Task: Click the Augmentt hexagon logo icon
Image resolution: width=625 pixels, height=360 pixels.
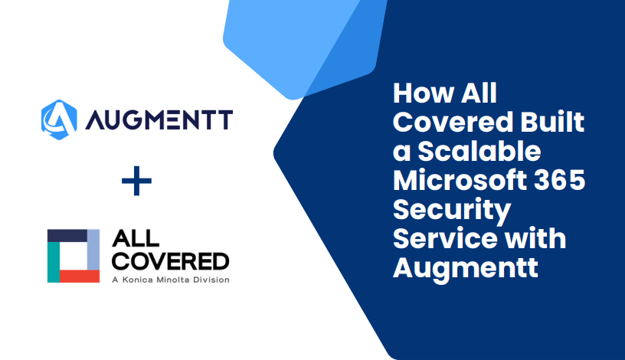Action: pos(59,119)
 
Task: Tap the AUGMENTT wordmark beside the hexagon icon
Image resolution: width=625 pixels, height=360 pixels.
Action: pos(159,120)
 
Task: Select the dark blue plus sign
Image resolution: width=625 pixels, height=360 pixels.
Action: pos(136,181)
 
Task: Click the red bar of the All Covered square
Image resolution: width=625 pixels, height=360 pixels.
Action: pos(80,276)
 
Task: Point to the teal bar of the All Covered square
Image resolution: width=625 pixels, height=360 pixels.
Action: pos(54,262)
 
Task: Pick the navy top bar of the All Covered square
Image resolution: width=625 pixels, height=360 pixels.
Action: pos(67,236)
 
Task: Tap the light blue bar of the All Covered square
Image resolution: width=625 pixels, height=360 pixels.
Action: pos(93,250)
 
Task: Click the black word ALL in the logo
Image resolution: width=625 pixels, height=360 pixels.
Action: pos(136,239)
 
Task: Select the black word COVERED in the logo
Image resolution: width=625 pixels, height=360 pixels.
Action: pos(171,261)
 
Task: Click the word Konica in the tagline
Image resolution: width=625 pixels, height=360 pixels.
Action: pos(138,280)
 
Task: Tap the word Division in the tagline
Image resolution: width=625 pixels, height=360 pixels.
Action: pos(211,280)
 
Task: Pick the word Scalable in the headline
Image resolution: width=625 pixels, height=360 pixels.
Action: pos(479,151)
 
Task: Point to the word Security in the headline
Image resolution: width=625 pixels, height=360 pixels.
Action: pos(452,210)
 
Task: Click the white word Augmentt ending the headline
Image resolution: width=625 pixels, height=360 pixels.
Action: pos(466,268)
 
